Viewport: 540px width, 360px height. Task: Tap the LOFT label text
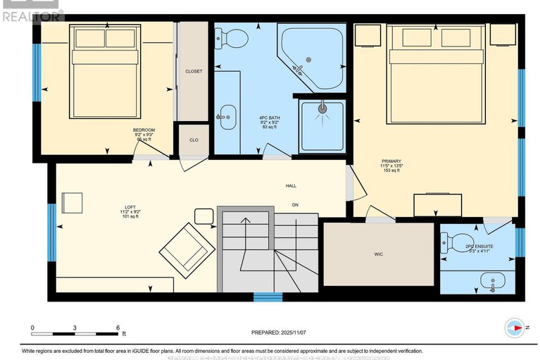click(132, 205)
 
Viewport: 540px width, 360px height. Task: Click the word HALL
click(291, 187)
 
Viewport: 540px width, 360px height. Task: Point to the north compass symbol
click(515, 327)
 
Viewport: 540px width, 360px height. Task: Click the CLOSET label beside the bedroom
click(194, 71)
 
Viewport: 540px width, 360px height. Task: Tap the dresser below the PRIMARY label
click(438, 204)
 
